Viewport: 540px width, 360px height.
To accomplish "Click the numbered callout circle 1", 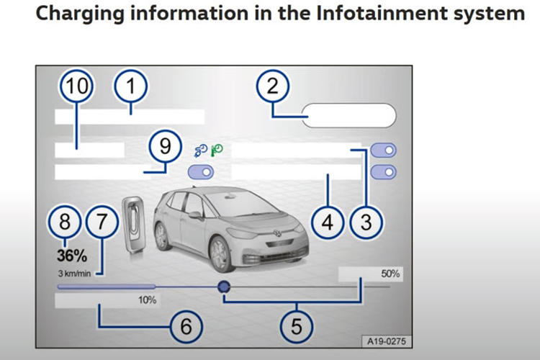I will [x=130, y=88].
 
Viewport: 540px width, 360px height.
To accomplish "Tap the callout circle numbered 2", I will [x=272, y=88].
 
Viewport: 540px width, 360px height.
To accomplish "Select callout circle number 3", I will [x=366, y=223].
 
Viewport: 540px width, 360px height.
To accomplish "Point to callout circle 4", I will [x=328, y=223].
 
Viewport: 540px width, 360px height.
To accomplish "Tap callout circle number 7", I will [x=102, y=223].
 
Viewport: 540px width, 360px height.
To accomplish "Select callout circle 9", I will [x=166, y=147].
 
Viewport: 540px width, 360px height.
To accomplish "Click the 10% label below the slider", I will [x=148, y=300].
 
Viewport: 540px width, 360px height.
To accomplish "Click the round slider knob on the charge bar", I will [x=224, y=287].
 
